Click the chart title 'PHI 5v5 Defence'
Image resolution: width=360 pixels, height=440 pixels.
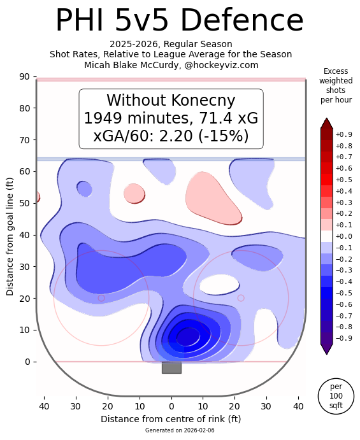point(180,20)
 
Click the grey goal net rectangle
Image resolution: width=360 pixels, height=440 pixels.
point(171,367)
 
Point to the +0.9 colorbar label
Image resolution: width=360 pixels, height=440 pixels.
point(343,134)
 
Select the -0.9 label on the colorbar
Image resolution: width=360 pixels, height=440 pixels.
point(343,338)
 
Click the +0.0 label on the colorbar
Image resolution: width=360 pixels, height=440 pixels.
point(343,236)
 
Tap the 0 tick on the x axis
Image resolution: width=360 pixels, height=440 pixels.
point(171,406)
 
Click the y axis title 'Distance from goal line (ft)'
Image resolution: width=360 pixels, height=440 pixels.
point(10,236)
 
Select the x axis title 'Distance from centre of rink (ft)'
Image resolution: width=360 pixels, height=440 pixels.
point(171,419)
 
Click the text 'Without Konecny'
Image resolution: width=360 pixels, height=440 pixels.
point(171,101)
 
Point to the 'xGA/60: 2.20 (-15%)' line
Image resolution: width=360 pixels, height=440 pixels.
point(171,136)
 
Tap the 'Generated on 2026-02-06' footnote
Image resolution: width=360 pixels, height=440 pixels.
point(171,430)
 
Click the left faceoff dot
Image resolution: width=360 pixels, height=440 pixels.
point(101,298)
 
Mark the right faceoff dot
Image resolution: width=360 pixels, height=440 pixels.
point(241,298)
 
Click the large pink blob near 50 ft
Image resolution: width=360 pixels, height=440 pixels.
point(214,198)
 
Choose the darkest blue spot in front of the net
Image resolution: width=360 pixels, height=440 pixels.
point(187,336)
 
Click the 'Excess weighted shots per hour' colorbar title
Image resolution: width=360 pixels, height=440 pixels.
point(336,85)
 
